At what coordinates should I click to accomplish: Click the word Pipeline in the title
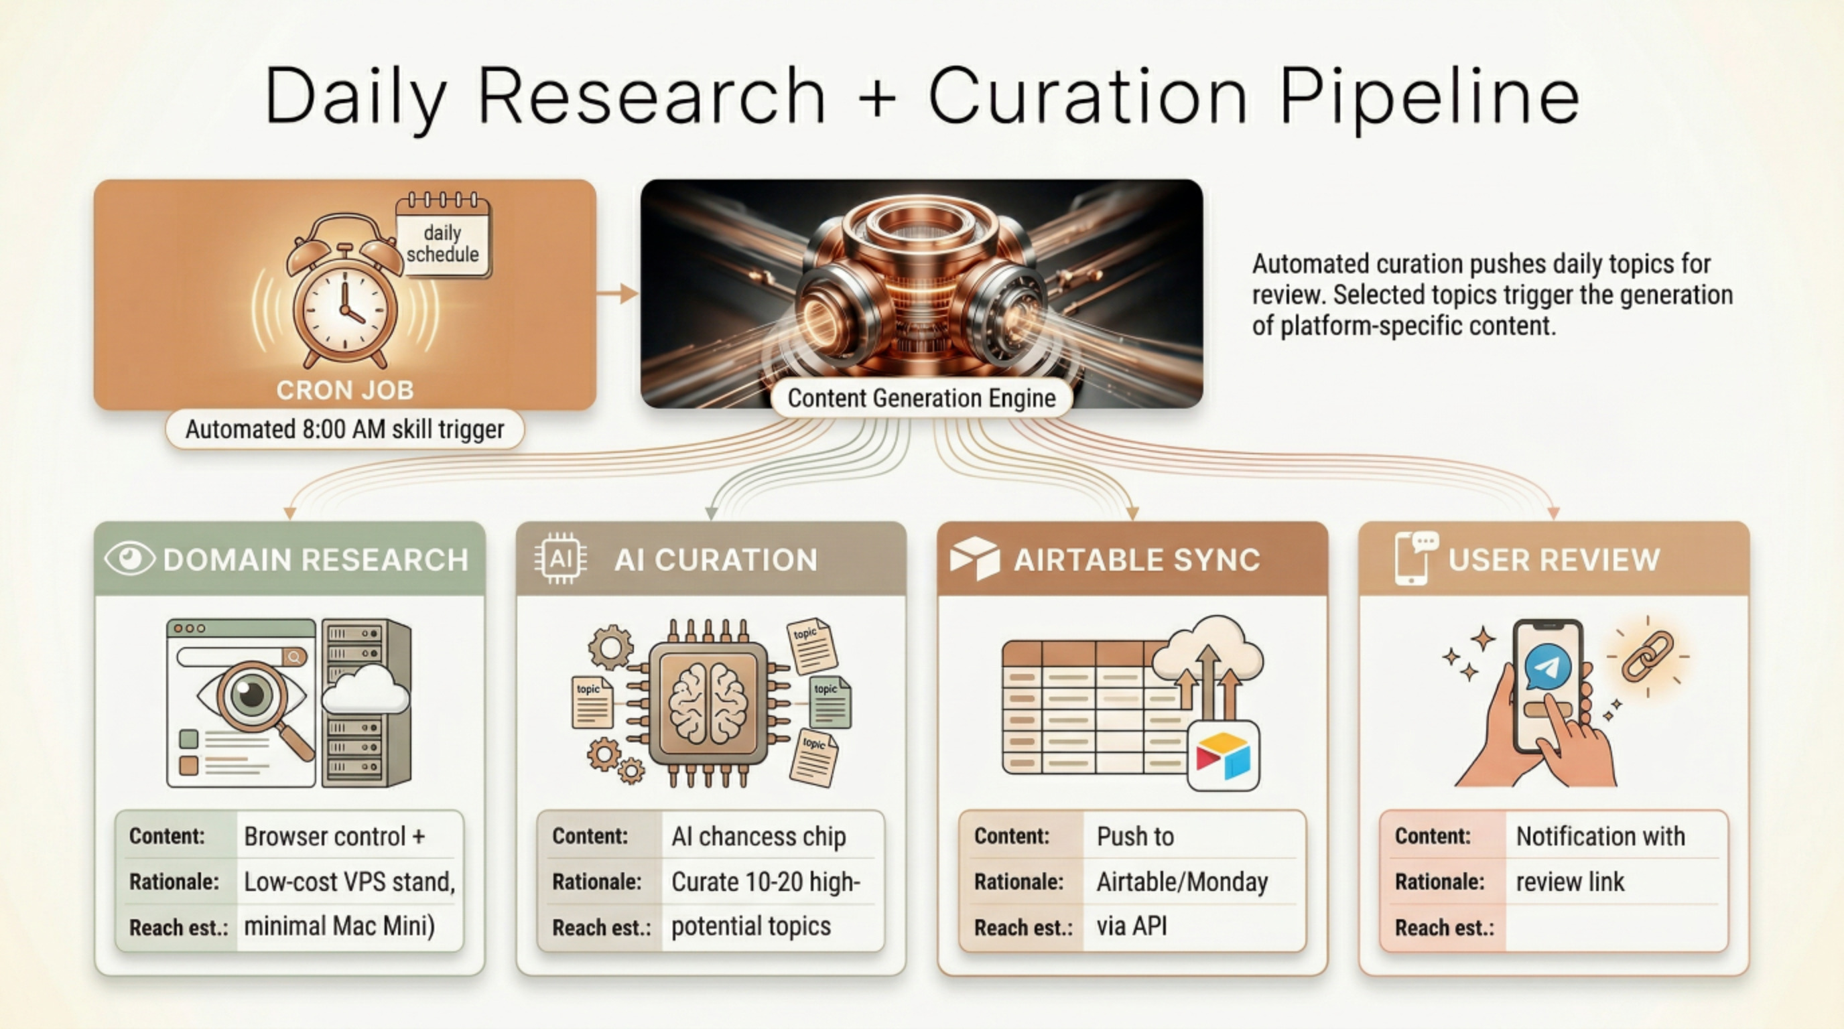[x=1429, y=96]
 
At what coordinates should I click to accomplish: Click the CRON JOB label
[x=345, y=390]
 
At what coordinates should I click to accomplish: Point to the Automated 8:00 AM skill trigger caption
[x=345, y=429]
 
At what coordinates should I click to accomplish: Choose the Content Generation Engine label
[x=921, y=398]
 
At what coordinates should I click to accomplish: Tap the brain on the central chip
[x=708, y=701]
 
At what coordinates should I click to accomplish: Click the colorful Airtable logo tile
[x=1224, y=756]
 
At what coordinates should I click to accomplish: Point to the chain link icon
[x=1646, y=656]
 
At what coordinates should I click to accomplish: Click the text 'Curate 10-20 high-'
[x=765, y=882]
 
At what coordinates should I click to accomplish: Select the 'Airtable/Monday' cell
[x=1182, y=882]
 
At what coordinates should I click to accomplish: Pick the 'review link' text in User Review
[x=1570, y=882]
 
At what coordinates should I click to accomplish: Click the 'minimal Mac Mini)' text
[x=339, y=927]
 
